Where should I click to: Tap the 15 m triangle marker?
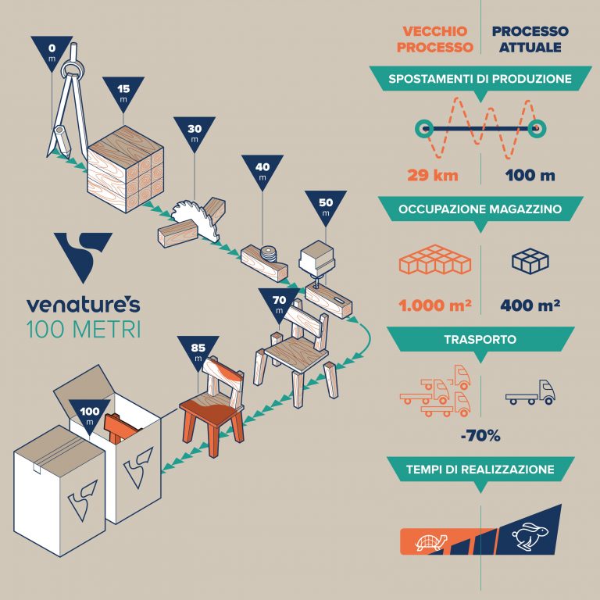coord(123,93)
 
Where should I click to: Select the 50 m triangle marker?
coord(326,206)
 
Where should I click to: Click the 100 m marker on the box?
coord(90,416)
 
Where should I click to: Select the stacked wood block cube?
coord(126,169)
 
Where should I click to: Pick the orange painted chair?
coord(212,406)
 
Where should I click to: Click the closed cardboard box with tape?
coord(59,491)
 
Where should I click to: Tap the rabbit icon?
coord(530,537)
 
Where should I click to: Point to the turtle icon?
coord(431,542)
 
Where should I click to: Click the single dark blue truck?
coord(530,393)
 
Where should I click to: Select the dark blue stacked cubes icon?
coord(530,261)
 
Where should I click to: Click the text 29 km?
coord(433,175)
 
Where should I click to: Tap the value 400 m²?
coord(530,305)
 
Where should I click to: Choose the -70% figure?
coord(480,435)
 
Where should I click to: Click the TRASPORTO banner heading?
coord(480,339)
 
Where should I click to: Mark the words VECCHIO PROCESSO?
coord(435,39)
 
